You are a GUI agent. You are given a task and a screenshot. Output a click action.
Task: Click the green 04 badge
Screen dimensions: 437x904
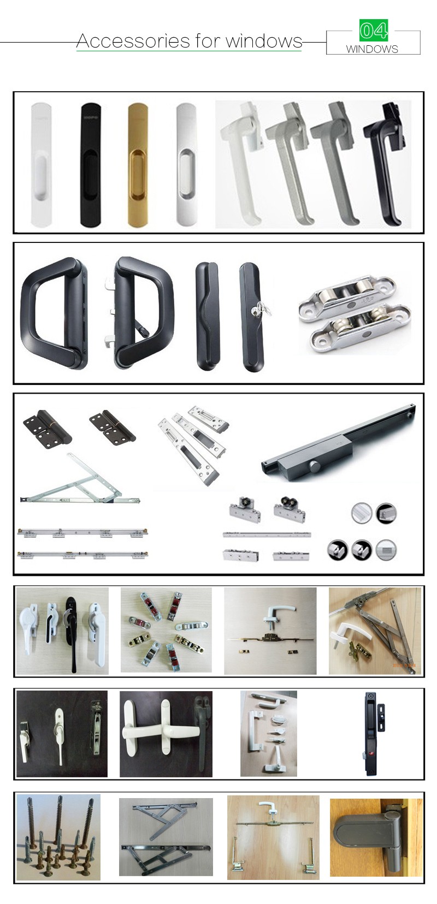374,30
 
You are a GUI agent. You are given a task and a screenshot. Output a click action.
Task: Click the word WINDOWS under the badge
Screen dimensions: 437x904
372,49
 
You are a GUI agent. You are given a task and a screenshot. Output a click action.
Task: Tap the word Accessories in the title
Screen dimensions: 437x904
133,41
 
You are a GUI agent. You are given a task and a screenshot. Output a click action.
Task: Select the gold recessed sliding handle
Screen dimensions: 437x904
139,165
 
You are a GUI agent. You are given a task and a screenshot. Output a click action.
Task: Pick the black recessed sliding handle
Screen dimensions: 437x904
91,165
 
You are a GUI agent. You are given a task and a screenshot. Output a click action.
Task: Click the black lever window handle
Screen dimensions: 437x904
385,162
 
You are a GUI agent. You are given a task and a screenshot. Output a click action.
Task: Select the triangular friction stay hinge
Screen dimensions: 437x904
81,480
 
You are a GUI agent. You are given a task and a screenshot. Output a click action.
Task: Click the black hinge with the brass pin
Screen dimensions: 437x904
48,427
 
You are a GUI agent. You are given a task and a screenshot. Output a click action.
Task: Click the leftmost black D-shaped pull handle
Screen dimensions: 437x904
54,313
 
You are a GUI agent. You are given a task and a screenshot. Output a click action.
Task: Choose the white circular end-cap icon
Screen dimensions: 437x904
361,513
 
